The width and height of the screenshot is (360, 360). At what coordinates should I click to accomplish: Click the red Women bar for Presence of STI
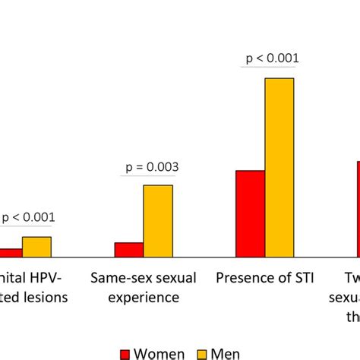click(250, 214)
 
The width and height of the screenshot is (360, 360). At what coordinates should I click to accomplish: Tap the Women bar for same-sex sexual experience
click(128, 251)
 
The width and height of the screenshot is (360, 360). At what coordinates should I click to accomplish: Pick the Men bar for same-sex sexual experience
click(158, 221)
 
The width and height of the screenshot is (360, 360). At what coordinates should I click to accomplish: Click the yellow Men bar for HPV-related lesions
click(36, 248)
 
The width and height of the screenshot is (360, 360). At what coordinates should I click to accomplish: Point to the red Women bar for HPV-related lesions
click(10, 254)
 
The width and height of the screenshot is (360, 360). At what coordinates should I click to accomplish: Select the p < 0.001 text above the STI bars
click(270, 58)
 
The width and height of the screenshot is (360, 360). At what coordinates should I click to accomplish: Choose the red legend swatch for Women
click(125, 352)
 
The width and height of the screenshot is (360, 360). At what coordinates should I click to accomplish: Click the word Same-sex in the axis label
click(118, 277)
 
